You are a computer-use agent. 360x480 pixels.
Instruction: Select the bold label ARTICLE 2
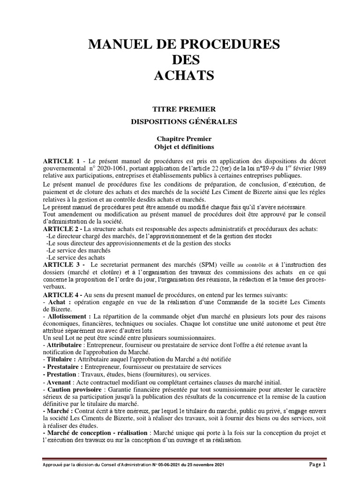[61, 228]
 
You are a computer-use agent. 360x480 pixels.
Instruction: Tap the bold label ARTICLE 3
[61, 265]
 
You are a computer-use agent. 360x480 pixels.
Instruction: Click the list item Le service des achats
[75, 257]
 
